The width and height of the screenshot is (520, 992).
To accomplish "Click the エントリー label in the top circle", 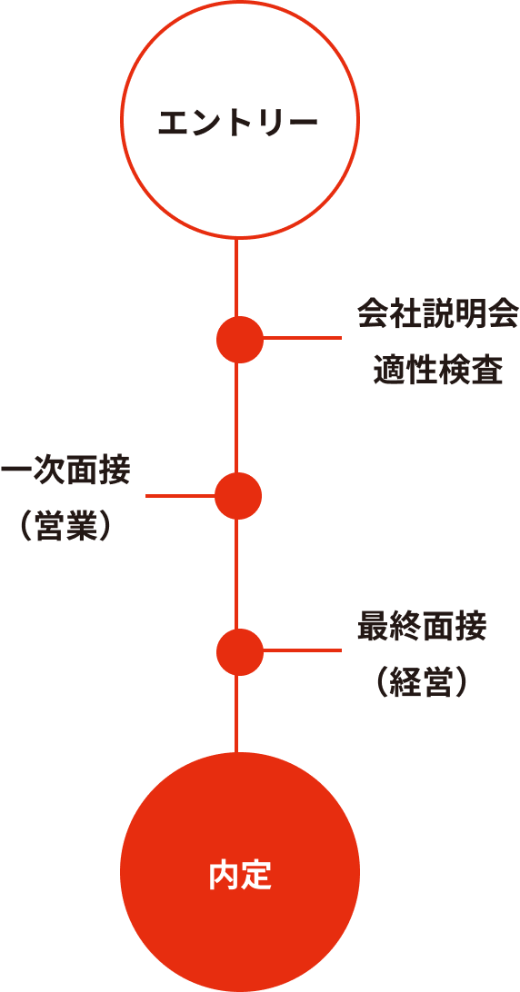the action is pos(237,123).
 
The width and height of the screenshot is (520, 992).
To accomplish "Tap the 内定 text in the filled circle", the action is pos(240,877).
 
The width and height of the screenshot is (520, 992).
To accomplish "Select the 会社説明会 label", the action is pos(437,314).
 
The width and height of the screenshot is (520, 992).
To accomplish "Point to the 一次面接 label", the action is pos(65,471).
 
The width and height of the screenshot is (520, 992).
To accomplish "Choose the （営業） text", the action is pos(65,527).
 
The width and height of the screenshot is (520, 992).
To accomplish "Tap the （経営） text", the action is pos(422,683).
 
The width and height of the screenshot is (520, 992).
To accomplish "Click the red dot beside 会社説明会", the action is pos(240,339).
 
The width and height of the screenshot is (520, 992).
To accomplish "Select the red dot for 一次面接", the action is pos(238,496).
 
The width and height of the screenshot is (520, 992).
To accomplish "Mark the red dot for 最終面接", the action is pos(240,651).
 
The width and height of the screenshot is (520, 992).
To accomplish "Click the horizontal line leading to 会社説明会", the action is pos(302,338).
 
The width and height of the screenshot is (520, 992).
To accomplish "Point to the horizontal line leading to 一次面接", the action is pos(181,496).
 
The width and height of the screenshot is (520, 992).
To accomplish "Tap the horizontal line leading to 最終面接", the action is pos(302,650).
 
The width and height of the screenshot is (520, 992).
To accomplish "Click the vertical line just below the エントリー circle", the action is pos(236,277).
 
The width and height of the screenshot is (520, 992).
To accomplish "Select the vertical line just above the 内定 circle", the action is pos(236,714).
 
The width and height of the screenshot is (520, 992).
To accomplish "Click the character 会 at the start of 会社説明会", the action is pos(373,314).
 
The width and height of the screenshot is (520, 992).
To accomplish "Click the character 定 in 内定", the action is pos(256,877).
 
